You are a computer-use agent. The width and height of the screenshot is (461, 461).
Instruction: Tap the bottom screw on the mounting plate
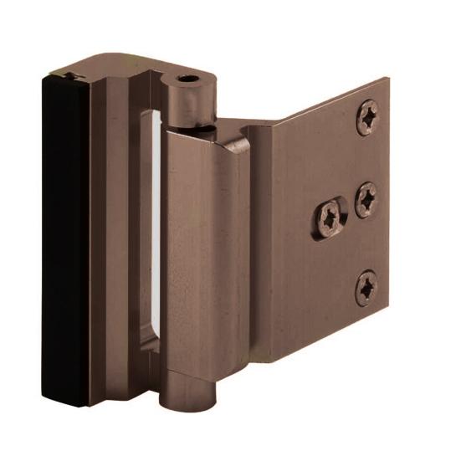(x=366, y=287)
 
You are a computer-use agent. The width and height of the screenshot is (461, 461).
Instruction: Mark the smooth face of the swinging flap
(x=205, y=268)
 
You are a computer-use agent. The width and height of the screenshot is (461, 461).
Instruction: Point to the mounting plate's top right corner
(x=387, y=79)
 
